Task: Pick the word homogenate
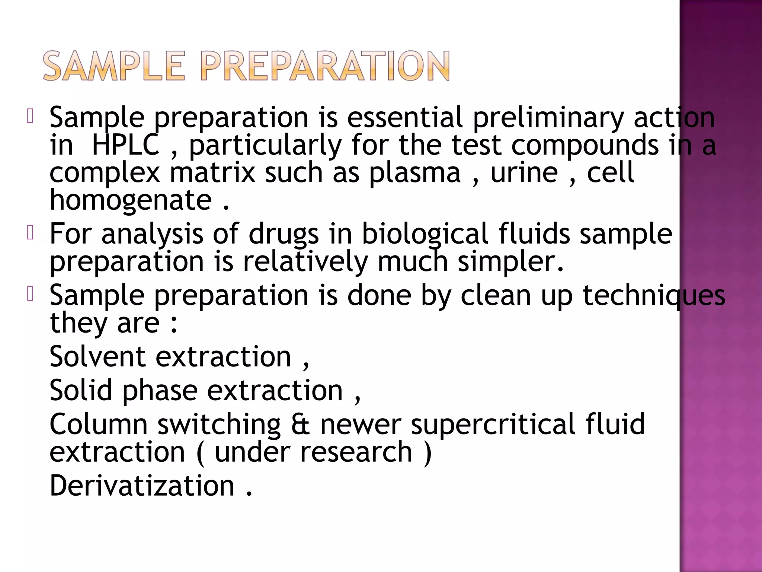click(x=131, y=200)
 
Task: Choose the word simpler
click(x=510, y=261)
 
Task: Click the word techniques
click(x=653, y=295)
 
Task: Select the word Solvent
click(x=97, y=356)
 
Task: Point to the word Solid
click(x=81, y=390)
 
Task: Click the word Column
click(x=99, y=424)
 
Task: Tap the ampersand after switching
click(x=300, y=424)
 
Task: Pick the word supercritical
click(x=493, y=424)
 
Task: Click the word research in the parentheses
click(x=356, y=452)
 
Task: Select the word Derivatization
click(x=142, y=486)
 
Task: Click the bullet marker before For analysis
click(x=31, y=233)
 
